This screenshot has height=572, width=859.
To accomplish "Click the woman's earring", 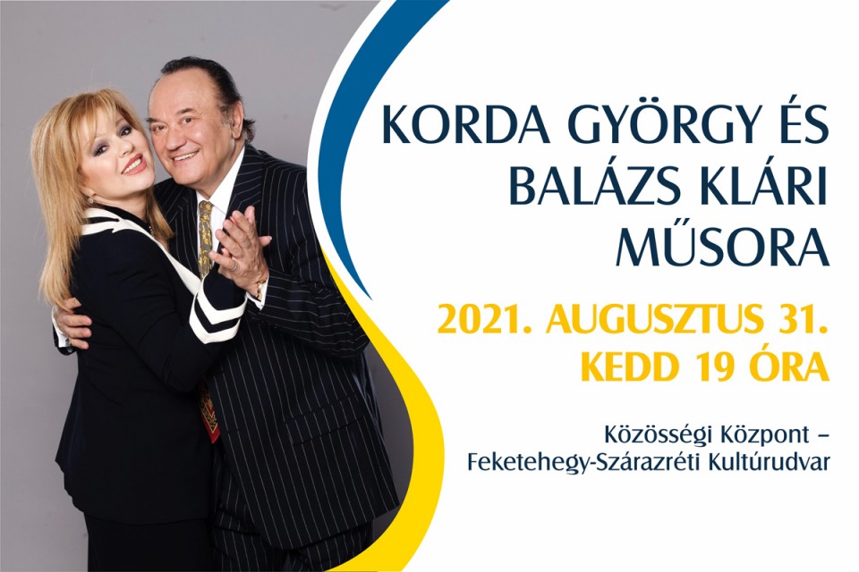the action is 89,200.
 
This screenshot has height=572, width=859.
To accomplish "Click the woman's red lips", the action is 134,164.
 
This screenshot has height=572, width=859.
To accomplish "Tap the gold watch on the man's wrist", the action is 259,289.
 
